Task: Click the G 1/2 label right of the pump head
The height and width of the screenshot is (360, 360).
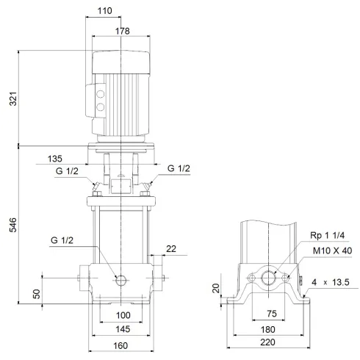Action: [x=179, y=169]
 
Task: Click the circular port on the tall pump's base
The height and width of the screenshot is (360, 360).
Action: [x=121, y=279]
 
